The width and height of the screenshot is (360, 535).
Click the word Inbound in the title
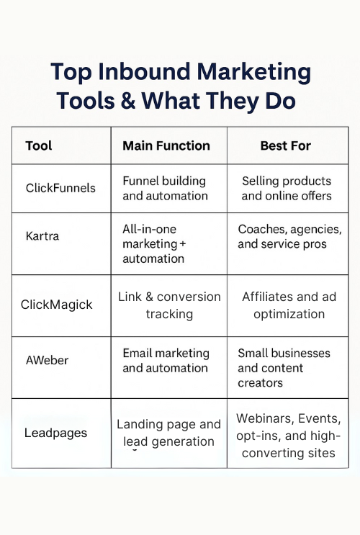pos(144,72)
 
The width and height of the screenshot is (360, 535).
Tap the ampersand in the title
pos(128,101)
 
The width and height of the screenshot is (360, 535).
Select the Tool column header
pos(39,145)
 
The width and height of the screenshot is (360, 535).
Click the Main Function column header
pos(166,145)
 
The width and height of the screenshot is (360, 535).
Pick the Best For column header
pos(286,145)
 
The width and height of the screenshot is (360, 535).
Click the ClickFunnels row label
pos(60,188)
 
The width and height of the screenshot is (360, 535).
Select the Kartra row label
pos(42,235)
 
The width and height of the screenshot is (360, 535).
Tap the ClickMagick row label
pos(56,305)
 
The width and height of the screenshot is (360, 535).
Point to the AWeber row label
pos(47,360)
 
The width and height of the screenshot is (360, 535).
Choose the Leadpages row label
pos(55,433)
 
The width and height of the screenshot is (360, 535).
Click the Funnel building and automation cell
pos(165,189)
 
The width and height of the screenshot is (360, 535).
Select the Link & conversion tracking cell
pos(169,305)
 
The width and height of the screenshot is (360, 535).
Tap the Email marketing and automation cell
pos(166,360)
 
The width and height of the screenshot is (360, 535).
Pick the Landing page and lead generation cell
pos(169,433)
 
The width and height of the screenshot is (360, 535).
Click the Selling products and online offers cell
pos(287,189)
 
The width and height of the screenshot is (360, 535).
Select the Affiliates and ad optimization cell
pos(289,305)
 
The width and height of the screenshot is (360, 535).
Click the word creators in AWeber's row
pos(261,383)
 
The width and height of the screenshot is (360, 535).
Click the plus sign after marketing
pos(182,244)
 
